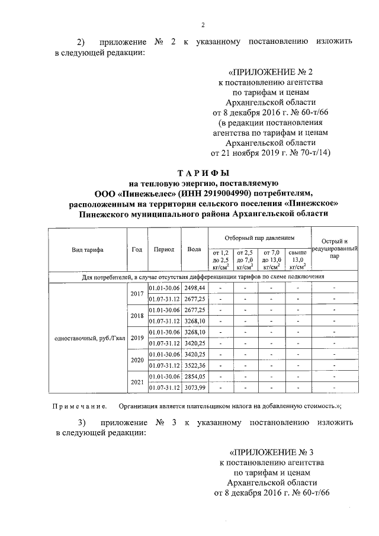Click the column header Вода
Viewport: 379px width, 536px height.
pyautogui.click(x=194, y=249)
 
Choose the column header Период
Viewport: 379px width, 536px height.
pyautogui.click(x=163, y=249)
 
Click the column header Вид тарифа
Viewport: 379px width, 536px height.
pyautogui.click(x=86, y=249)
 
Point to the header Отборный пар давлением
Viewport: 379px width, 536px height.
pyautogui.click(x=259, y=237)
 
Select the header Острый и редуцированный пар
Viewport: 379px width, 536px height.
pyautogui.click(x=335, y=249)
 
